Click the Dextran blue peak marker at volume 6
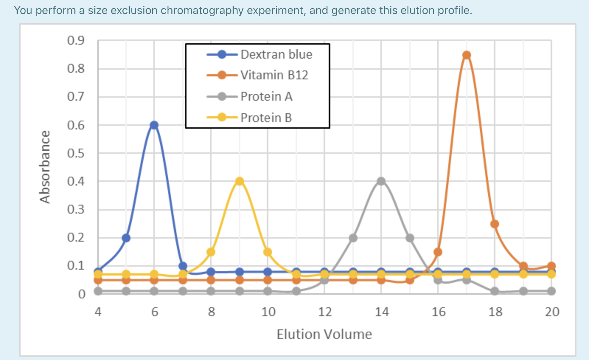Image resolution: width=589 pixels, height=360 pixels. coord(154,125)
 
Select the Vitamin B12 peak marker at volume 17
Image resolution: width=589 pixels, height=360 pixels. coord(467,55)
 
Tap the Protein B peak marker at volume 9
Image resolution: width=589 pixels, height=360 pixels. coord(240,181)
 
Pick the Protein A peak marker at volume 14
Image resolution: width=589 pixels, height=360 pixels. coord(381,181)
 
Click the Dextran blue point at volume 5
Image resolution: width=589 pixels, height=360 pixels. coord(126,238)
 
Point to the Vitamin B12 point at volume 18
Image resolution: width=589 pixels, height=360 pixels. coord(495,224)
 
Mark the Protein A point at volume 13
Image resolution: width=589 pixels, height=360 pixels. coord(353,238)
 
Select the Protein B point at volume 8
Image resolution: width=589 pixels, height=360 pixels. coord(211,252)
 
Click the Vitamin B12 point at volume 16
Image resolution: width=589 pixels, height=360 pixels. coord(438,252)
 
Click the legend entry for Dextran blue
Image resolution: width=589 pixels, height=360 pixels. coord(276,55)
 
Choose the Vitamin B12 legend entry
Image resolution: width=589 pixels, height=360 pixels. coord(274,75)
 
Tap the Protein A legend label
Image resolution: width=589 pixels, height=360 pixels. coord(266,97)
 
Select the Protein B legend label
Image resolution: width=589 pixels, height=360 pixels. coord(266,118)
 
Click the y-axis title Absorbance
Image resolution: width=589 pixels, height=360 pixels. coord(45,167)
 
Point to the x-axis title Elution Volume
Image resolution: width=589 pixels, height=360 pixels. coord(324,334)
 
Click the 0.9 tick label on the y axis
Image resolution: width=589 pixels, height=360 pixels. coord(76,40)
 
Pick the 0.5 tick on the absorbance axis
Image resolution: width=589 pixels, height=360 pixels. coord(76,153)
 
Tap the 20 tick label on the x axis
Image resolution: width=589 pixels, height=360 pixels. coord(552,312)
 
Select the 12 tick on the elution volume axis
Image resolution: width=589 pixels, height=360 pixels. coord(325,312)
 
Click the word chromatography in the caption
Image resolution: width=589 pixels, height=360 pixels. coord(202,10)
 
